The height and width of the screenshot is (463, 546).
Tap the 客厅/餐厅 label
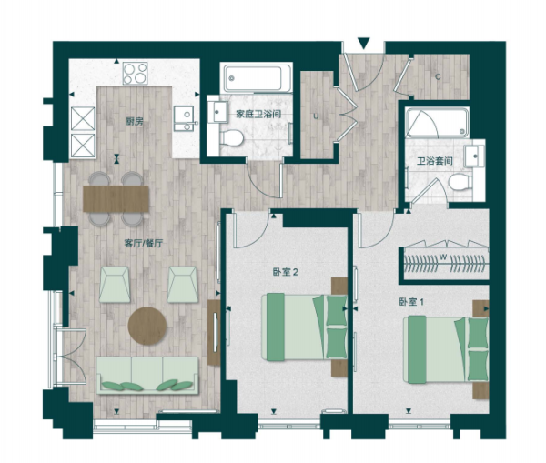point(143,243)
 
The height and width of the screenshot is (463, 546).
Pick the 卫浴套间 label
point(433,161)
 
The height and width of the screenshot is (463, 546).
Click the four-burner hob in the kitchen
point(136,73)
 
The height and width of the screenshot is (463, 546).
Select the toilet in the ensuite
point(460,183)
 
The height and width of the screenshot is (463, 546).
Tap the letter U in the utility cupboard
point(315,116)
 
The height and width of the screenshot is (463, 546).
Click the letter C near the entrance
point(437,76)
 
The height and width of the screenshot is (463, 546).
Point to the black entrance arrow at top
point(363,43)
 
